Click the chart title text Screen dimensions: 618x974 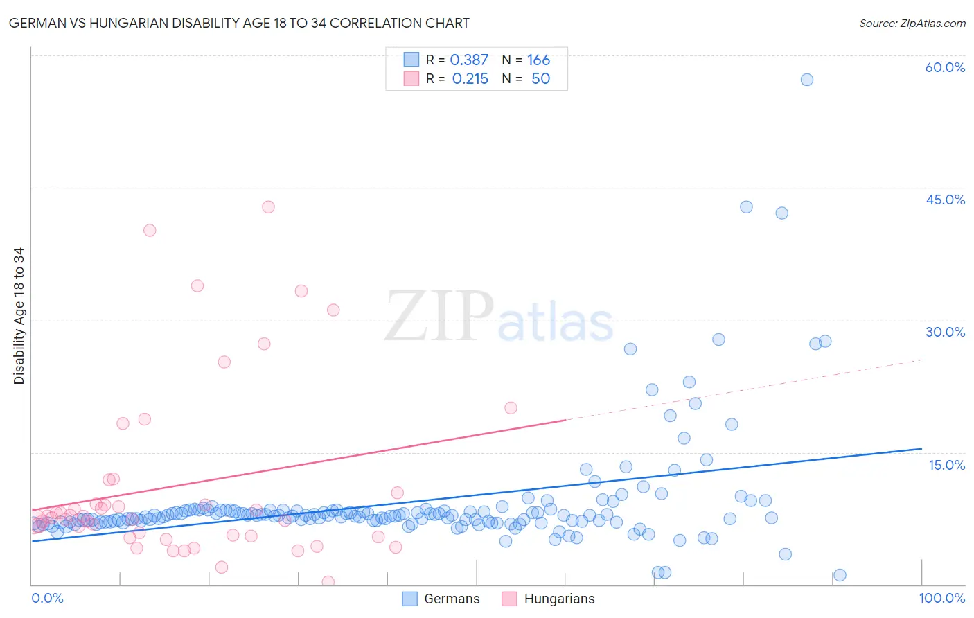(x=239, y=24)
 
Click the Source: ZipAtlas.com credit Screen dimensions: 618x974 (x=912, y=24)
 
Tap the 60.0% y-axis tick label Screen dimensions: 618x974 (x=945, y=67)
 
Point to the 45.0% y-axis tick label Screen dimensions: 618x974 (x=945, y=200)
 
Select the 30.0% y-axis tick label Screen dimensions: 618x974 (x=945, y=332)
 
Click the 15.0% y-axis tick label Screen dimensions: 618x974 (x=946, y=465)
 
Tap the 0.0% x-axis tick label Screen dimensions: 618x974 (x=47, y=598)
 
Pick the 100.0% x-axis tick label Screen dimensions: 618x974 (x=941, y=598)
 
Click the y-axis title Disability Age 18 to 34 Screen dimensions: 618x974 (x=19, y=316)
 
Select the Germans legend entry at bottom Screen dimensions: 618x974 (x=441, y=599)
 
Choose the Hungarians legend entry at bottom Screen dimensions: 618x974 (x=549, y=599)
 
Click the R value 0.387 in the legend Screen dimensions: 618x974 (x=469, y=60)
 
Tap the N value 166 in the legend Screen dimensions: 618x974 (x=538, y=60)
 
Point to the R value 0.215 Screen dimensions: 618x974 (x=470, y=79)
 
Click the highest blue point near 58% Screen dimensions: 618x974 (x=806, y=80)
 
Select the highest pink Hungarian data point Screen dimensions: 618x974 (x=268, y=207)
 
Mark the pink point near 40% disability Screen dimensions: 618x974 (x=150, y=231)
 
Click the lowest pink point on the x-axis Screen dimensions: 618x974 (x=328, y=582)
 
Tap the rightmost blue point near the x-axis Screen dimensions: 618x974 (x=840, y=575)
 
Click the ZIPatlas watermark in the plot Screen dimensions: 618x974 (x=499, y=317)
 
